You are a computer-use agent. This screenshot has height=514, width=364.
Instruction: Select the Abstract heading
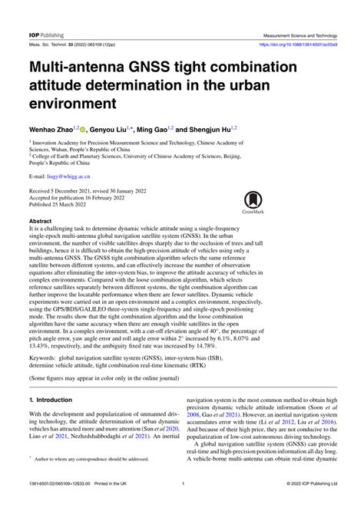tap(40, 220)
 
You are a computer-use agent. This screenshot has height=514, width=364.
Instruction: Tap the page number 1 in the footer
tap(183, 505)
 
